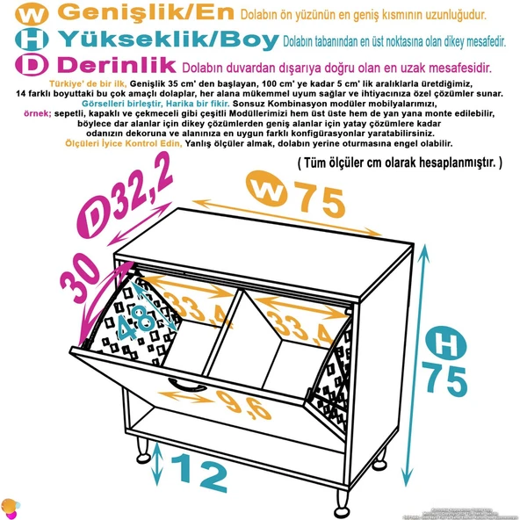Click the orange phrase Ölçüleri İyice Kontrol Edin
[x=124, y=142]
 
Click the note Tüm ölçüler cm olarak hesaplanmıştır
[x=400, y=162]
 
